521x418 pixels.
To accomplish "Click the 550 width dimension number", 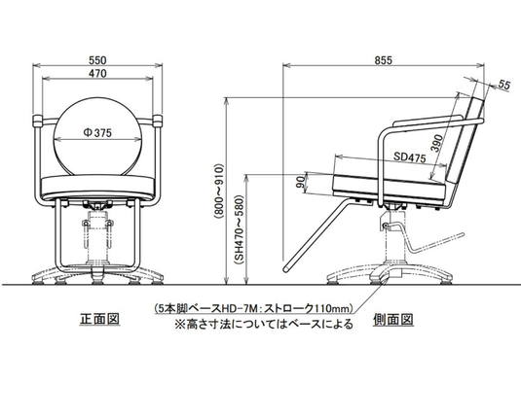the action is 97,60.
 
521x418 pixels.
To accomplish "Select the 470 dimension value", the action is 97,73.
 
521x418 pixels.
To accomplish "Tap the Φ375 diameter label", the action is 97,133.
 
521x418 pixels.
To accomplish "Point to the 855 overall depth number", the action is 384,60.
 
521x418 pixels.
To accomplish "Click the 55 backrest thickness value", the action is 504,86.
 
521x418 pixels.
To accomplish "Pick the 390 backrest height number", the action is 438,143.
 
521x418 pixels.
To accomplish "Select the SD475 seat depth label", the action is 409,157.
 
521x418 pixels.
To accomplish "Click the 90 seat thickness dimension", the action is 301,183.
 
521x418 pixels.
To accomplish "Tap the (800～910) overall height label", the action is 220,192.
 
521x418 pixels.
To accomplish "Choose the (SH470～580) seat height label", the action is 240,229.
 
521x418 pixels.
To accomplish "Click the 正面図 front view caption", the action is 99,319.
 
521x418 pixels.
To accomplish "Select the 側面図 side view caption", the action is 393,320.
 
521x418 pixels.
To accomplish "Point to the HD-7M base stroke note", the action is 253,309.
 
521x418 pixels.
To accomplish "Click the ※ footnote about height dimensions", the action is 264,324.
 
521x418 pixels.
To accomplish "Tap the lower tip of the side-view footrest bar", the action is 286,268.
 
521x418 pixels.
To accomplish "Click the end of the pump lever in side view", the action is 462,234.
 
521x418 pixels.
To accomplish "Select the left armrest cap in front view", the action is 37,122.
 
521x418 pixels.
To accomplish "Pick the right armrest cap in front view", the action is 158,122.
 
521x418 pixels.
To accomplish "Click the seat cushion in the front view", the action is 97,187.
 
